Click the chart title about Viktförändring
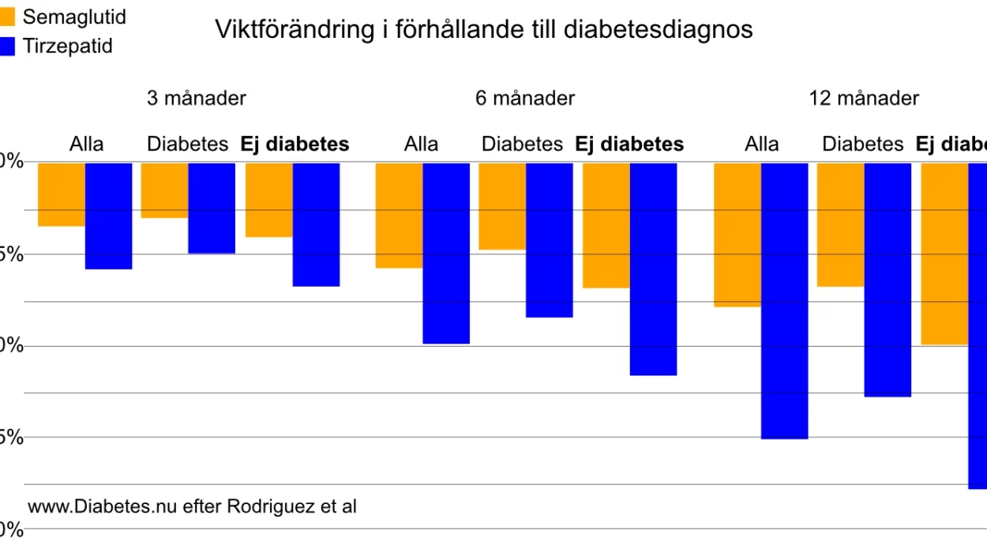click(484, 30)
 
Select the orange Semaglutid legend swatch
click(8, 16)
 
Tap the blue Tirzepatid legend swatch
click(8, 46)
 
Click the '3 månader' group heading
click(197, 99)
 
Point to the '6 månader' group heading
click(525, 99)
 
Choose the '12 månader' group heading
click(864, 99)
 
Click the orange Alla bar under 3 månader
click(62, 194)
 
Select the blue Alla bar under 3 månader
click(109, 216)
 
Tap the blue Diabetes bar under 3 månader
click(212, 208)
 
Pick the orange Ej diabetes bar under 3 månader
click(269, 200)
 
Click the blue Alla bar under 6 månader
click(446, 253)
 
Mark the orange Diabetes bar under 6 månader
click(502, 206)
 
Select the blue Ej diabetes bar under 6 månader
click(653, 269)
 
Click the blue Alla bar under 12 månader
click(785, 300)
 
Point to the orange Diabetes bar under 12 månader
click(840, 224)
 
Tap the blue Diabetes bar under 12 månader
click(888, 280)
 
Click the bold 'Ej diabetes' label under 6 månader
click(629, 145)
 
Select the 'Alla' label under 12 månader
click(762, 145)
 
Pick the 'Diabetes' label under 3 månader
click(187, 145)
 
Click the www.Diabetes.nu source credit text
click(192, 506)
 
